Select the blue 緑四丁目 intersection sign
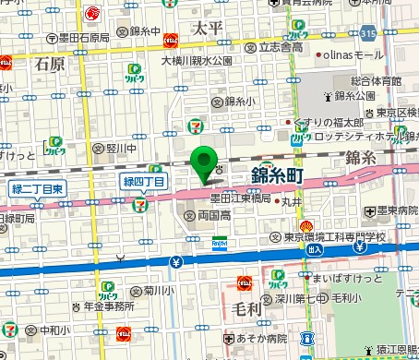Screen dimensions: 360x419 point(145,182)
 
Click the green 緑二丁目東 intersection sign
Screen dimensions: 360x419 point(38,189)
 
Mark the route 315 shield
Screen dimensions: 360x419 point(368,34)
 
